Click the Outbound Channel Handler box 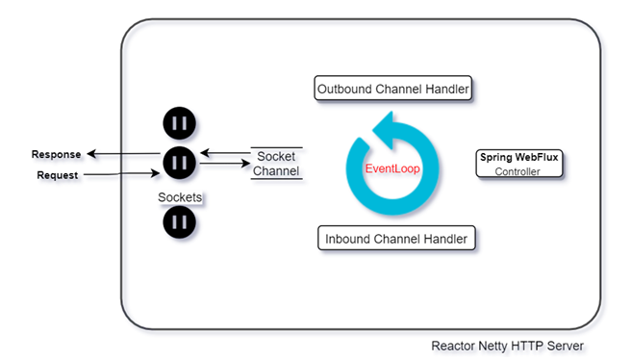coord(392,89)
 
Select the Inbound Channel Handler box coord(396,239)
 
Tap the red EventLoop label coord(392,168)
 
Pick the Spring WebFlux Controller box coord(519,164)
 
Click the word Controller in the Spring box coord(517,171)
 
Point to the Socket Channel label coord(276,164)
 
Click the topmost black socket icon coord(180,123)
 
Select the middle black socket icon coord(180,163)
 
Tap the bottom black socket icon coord(180,222)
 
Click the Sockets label coord(180,197)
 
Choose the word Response coord(57,154)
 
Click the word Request coord(57,175)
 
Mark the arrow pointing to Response coord(123,153)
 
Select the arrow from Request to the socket coord(121,174)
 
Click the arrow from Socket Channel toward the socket coord(225,153)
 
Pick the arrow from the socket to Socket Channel coord(225,163)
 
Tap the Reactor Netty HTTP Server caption coord(508,346)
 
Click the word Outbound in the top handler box coord(344,89)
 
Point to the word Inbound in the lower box coord(347,239)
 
